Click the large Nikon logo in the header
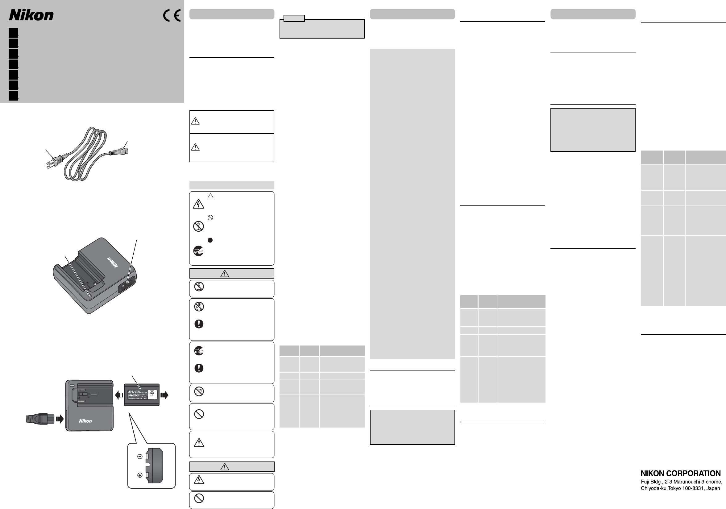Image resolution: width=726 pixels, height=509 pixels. point(31,15)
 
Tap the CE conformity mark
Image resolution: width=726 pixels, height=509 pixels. point(172,15)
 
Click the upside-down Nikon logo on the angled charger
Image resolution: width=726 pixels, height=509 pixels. point(113,262)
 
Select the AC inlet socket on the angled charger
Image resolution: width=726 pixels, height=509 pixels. point(127,284)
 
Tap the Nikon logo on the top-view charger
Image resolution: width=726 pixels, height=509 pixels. point(85,421)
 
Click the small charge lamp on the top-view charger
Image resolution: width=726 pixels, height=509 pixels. point(72,386)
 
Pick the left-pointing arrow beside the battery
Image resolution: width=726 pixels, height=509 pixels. point(119,395)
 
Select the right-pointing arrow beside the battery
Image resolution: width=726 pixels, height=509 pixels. point(164,395)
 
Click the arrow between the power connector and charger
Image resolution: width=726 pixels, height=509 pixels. point(60,419)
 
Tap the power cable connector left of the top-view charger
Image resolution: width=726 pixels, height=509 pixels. point(40,419)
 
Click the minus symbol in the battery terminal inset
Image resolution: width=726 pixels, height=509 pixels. point(140,457)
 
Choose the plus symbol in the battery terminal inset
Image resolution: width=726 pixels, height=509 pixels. point(140,475)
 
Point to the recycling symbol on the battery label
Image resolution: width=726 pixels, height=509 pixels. point(152,393)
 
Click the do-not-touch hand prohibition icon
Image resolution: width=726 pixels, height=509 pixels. point(199,306)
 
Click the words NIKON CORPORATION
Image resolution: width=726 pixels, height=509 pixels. point(680,473)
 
